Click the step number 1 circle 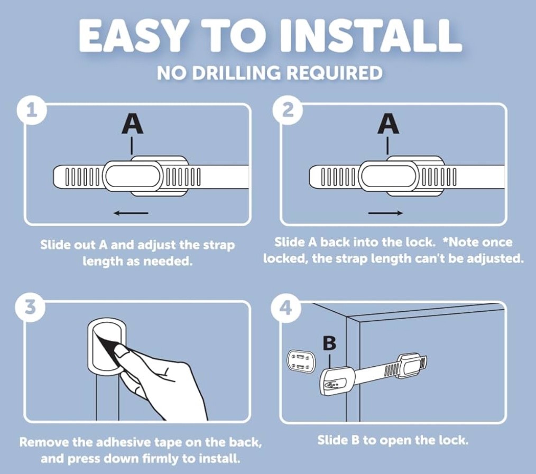pyautogui.click(x=31, y=111)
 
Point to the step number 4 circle pyautogui.click(x=286, y=308)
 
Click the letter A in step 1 pyautogui.click(x=133, y=124)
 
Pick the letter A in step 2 pyautogui.click(x=389, y=124)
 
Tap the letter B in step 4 pyautogui.click(x=329, y=343)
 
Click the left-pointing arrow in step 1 pyautogui.click(x=131, y=213)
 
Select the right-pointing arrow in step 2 pyautogui.click(x=385, y=213)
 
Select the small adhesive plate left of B pyautogui.click(x=300, y=362)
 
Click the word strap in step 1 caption pyautogui.click(x=219, y=245)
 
